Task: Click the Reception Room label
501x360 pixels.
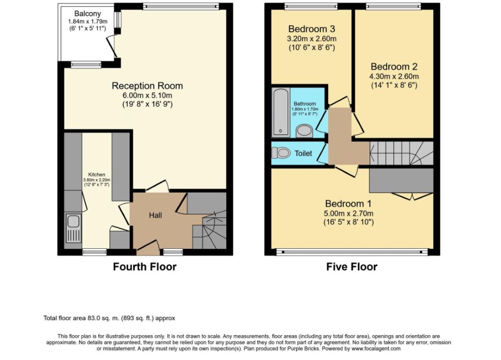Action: coord(148,85)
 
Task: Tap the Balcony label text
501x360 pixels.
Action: coord(88,14)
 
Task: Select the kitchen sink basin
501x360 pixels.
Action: coord(73,221)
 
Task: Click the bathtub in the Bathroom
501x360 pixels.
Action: coord(281,112)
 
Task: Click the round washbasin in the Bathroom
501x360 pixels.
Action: coord(304,131)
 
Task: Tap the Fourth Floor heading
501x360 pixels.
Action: coord(145,267)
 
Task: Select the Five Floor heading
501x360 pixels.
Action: coord(352,267)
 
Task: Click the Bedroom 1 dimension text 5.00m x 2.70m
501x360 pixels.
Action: coord(349,214)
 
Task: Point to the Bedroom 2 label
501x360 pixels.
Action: coord(394,67)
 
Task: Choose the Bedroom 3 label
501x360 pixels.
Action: coord(312,29)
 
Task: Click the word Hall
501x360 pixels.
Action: coord(155,216)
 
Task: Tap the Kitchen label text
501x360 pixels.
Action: coord(97,175)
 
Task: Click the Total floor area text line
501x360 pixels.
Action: coord(109,318)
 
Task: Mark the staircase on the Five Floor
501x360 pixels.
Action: coord(402,153)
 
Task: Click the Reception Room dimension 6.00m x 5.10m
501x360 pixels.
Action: coord(148,95)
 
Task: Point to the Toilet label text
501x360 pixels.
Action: coord(303,153)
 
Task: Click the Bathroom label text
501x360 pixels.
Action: coord(305,103)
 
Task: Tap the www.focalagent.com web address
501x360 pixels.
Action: coord(376,348)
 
